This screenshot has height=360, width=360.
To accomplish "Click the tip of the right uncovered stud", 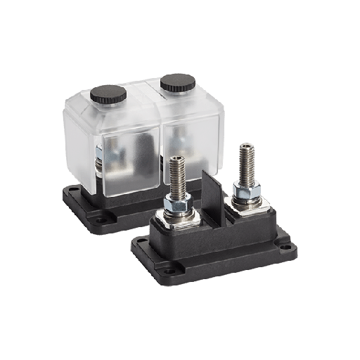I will [x=244, y=146].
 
